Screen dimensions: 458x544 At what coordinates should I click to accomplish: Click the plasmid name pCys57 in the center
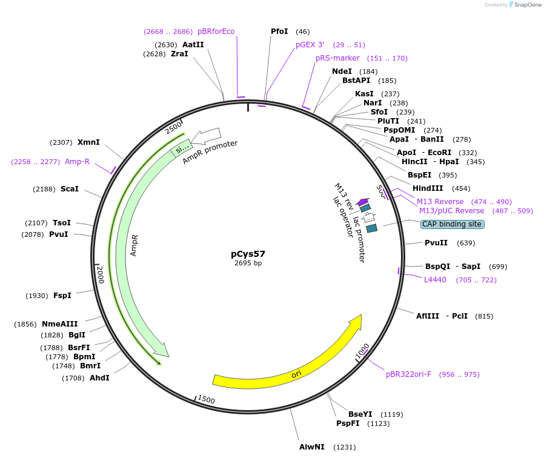(248, 254)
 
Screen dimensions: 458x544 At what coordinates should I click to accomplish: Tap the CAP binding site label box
(452, 224)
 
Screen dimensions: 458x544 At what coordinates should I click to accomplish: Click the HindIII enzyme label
(428, 188)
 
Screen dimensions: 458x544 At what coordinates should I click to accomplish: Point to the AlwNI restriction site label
(312, 447)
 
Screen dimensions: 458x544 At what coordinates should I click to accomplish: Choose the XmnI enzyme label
(88, 142)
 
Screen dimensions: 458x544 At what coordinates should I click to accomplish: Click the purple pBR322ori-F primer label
(410, 374)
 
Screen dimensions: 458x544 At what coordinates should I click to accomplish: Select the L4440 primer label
(435, 279)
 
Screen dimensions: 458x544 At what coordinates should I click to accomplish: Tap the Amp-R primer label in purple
(77, 162)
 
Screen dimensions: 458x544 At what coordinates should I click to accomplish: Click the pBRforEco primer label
(216, 32)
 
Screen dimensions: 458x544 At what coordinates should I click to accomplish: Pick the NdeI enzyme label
(342, 71)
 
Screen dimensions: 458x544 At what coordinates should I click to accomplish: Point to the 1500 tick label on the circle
(207, 400)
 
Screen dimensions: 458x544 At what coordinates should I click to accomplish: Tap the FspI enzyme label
(62, 295)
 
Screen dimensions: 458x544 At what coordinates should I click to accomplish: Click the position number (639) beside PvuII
(466, 243)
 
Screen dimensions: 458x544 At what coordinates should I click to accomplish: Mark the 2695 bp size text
(248, 263)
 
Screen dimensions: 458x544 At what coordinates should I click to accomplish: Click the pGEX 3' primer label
(310, 45)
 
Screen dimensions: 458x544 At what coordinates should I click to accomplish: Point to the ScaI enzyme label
(69, 189)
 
